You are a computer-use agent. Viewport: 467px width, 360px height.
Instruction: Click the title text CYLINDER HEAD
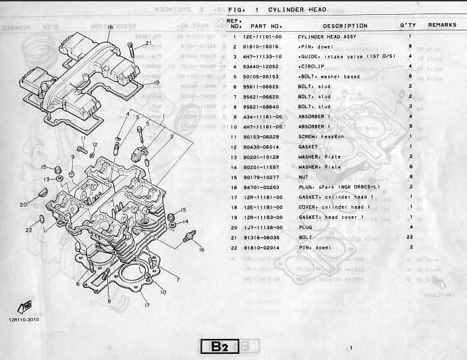(298, 10)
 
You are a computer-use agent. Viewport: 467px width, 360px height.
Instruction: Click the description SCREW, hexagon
(321, 136)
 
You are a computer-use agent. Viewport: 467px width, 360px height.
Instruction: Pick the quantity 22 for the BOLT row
(410, 237)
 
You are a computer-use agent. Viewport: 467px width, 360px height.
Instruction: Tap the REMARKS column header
(442, 25)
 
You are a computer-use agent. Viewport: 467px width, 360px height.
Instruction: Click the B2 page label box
(219, 347)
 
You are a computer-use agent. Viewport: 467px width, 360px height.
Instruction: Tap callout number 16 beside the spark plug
(200, 249)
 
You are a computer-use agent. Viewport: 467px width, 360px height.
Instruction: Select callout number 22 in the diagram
(29, 230)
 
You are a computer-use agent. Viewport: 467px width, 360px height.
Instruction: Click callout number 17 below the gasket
(146, 305)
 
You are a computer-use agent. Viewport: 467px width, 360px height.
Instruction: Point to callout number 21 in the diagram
(148, 43)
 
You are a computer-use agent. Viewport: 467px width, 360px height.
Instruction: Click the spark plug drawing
(190, 236)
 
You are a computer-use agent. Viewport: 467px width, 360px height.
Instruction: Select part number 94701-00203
(263, 186)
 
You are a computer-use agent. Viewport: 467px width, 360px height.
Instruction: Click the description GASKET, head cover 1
(331, 217)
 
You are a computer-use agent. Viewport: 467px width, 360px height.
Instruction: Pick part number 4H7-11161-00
(263, 126)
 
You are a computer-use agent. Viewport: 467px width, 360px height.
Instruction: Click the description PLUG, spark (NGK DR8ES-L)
(339, 186)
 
